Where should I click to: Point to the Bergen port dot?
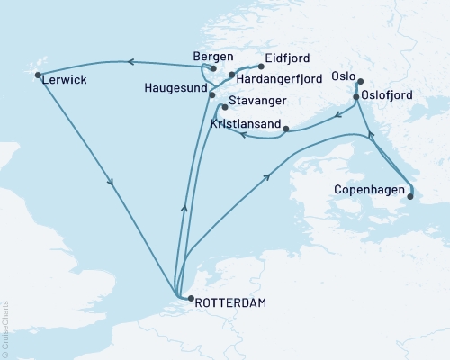coord(213,68)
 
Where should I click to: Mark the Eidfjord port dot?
coord(261,67)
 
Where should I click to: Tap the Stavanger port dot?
coord(224,106)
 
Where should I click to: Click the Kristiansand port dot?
coord(285,130)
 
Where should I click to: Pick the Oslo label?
coord(344,76)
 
